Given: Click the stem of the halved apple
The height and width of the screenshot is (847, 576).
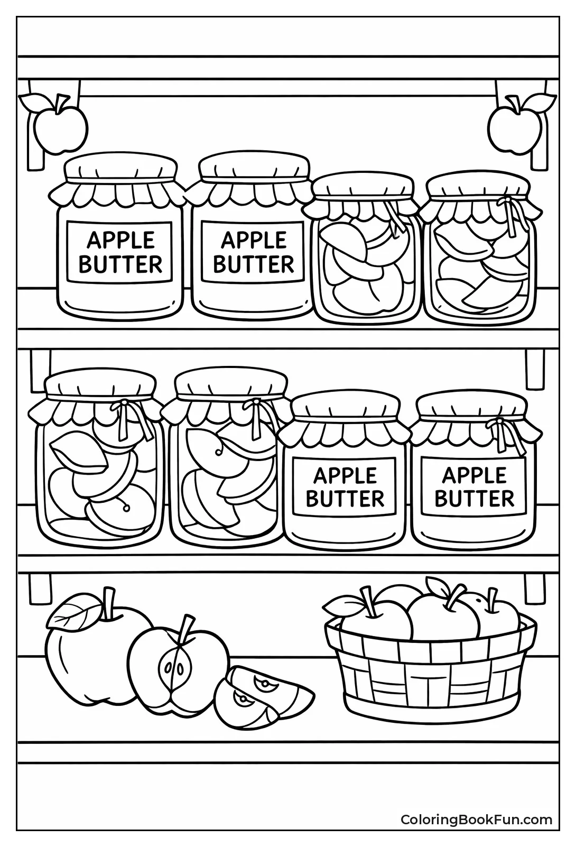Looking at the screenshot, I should coord(184,630).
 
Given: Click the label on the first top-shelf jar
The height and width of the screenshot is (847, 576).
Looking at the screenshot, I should coord(120,252).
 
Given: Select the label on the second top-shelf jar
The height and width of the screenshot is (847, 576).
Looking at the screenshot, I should coord(253,252).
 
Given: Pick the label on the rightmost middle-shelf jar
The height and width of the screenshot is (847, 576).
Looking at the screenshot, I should coord(474,486).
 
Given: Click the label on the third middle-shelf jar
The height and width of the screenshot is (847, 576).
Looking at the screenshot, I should coord(345,487).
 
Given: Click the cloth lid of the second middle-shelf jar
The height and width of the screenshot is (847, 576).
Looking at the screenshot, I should coord(230,384).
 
